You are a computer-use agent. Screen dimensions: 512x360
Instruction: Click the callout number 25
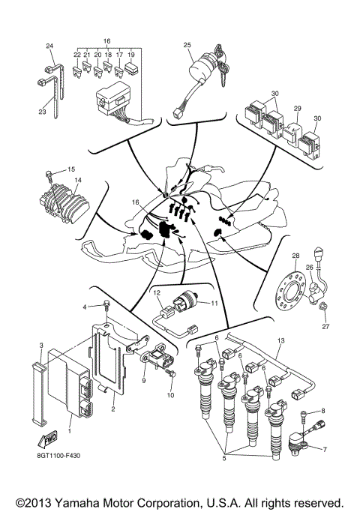(x=188, y=45)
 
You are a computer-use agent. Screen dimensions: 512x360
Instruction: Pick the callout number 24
(x=49, y=46)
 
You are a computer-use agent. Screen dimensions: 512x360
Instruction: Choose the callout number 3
(x=42, y=344)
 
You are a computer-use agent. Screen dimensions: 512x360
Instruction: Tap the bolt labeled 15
(x=49, y=173)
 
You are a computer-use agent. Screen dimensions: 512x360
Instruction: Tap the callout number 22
(x=77, y=55)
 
